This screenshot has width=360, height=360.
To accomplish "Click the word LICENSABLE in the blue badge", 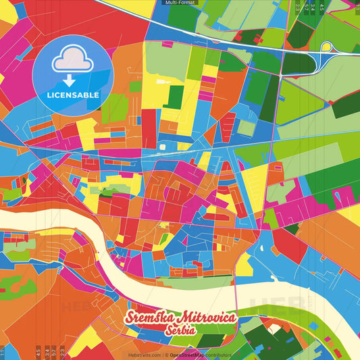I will pyautogui.click(x=73, y=95).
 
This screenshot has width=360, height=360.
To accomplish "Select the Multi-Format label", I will pyautogui.click(x=179, y=3).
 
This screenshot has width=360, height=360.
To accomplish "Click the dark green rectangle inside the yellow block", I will pyautogui.click(x=173, y=97).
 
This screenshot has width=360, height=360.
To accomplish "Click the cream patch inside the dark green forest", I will pyautogui.click(x=273, y=330).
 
